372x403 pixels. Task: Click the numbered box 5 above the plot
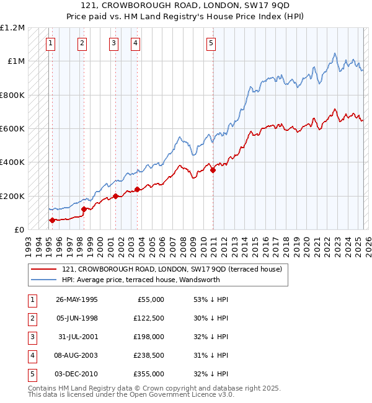pyautogui.click(x=211, y=43)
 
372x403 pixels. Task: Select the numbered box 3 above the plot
pyautogui.click(x=114, y=43)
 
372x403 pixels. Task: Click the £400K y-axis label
pyautogui.click(x=13, y=162)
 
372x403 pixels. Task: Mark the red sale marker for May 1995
pyautogui.click(x=52, y=220)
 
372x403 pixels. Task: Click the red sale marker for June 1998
pyautogui.click(x=84, y=209)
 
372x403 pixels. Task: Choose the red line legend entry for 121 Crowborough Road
pyautogui.click(x=172, y=269)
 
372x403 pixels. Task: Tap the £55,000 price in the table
pyautogui.click(x=151, y=299)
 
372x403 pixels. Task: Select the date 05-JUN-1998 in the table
pyautogui.click(x=77, y=318)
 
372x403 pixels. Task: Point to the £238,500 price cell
pyautogui.click(x=148, y=355)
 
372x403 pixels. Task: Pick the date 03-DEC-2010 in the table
pyautogui.click(x=77, y=374)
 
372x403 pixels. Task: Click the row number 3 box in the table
pyautogui.click(x=32, y=337)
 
